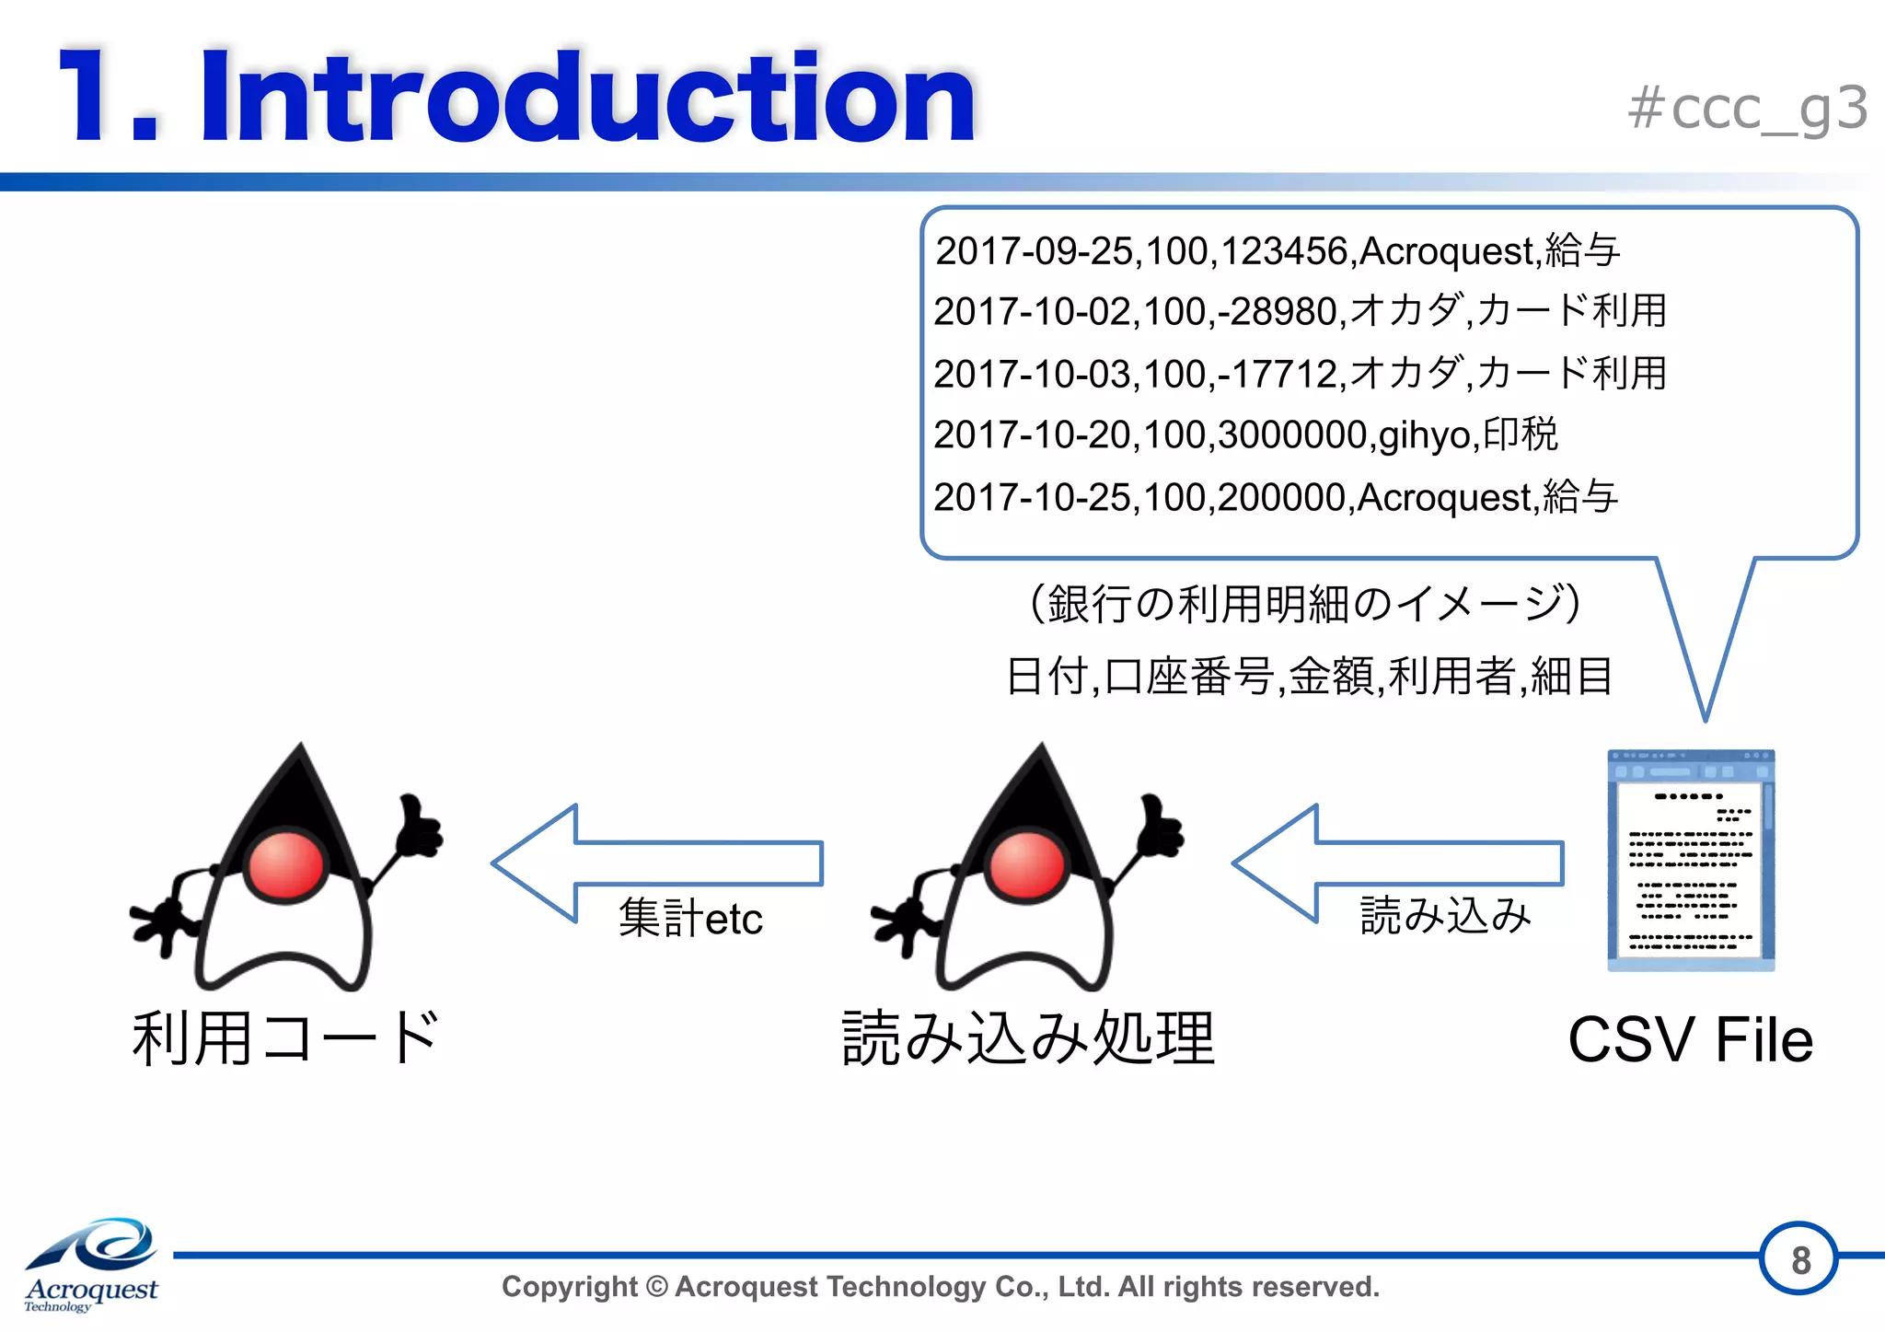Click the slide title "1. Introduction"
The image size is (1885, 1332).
pyautogui.click(x=515, y=98)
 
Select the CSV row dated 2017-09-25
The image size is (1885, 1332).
pyautogui.click(x=1277, y=250)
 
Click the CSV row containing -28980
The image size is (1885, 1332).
pyautogui.click(x=1299, y=311)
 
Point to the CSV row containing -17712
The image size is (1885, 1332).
pyautogui.click(x=1299, y=373)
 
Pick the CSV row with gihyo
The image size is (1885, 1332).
pyautogui.click(x=1244, y=434)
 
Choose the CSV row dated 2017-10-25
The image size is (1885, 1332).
pyautogui.click(x=1275, y=497)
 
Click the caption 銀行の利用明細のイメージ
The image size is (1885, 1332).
pyautogui.click(x=1304, y=604)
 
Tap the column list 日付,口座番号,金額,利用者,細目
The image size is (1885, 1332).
pyautogui.click(x=1308, y=677)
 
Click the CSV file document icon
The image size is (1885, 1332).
pyautogui.click(x=1690, y=861)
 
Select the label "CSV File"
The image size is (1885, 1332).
pyautogui.click(x=1690, y=1040)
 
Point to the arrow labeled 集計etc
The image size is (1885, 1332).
pyautogui.click(x=657, y=863)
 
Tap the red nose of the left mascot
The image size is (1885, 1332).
pyautogui.click(x=286, y=864)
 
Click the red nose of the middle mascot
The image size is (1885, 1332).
pyautogui.click(x=1026, y=864)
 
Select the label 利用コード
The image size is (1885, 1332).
pyautogui.click(x=285, y=1038)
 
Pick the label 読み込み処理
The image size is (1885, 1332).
pyautogui.click(x=1028, y=1038)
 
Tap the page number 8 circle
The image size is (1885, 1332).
pyautogui.click(x=1799, y=1259)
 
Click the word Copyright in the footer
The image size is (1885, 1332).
pyautogui.click(x=569, y=1287)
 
